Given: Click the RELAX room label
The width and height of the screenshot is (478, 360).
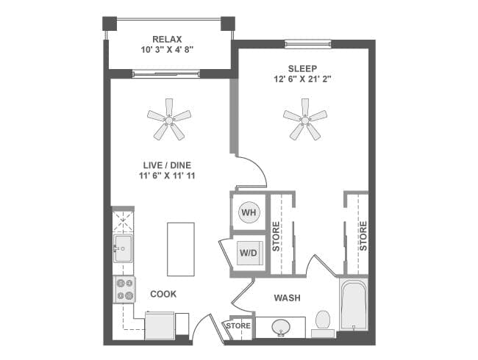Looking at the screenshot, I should coord(168,39).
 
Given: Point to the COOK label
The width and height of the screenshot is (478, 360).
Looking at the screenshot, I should coord(163,294).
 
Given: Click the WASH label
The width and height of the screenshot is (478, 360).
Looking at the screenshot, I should coord(286,298).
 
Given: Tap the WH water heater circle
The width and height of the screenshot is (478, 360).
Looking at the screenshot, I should coord(249,212).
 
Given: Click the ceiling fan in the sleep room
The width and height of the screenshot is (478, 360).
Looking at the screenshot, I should coord(304,118).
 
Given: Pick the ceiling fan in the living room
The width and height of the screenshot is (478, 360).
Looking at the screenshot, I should coord(168,118).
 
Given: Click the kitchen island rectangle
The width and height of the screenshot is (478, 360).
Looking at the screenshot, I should coord(181,249).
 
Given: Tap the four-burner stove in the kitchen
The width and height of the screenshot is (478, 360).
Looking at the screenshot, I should coord(123,289).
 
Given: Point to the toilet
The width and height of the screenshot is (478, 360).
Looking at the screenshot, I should coord(322,322).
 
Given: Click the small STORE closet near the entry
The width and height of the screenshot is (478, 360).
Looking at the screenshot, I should coord(238,325).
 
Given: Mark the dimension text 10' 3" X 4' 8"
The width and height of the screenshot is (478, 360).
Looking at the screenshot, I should coord(168,51).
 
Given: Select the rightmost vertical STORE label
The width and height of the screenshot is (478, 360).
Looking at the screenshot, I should coord(363,236).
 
